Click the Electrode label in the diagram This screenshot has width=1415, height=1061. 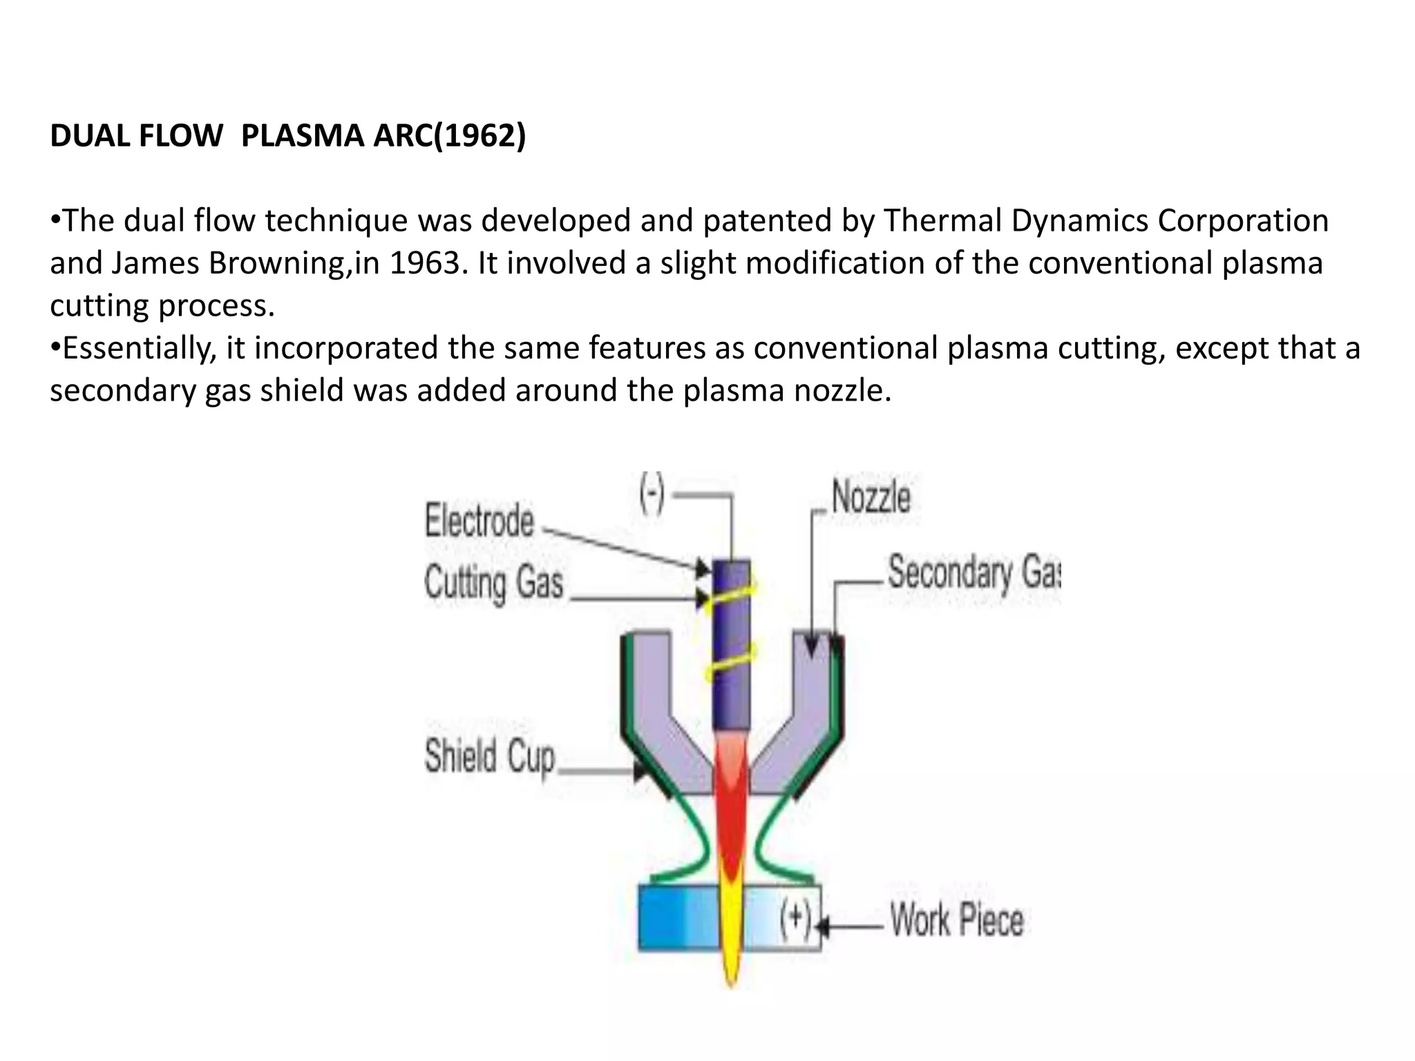pos(479,521)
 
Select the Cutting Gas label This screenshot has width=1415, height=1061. pos(493,582)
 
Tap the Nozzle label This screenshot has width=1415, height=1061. pos(871,497)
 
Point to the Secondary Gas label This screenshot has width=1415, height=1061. pos(973,573)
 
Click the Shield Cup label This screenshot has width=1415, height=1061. pos(489,756)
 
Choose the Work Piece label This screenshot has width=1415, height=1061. pos(956,921)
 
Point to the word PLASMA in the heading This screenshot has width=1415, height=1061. pos(303,135)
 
